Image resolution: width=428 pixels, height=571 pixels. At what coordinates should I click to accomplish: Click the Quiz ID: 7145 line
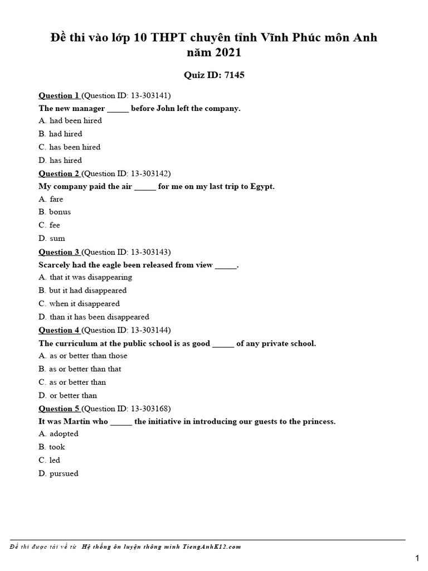pos(214,75)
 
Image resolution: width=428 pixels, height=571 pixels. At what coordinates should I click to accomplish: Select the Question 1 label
pos(59,95)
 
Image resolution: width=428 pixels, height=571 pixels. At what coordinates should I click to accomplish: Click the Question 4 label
pos(59,330)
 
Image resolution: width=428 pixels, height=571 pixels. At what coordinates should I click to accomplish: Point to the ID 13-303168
pos(150,409)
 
